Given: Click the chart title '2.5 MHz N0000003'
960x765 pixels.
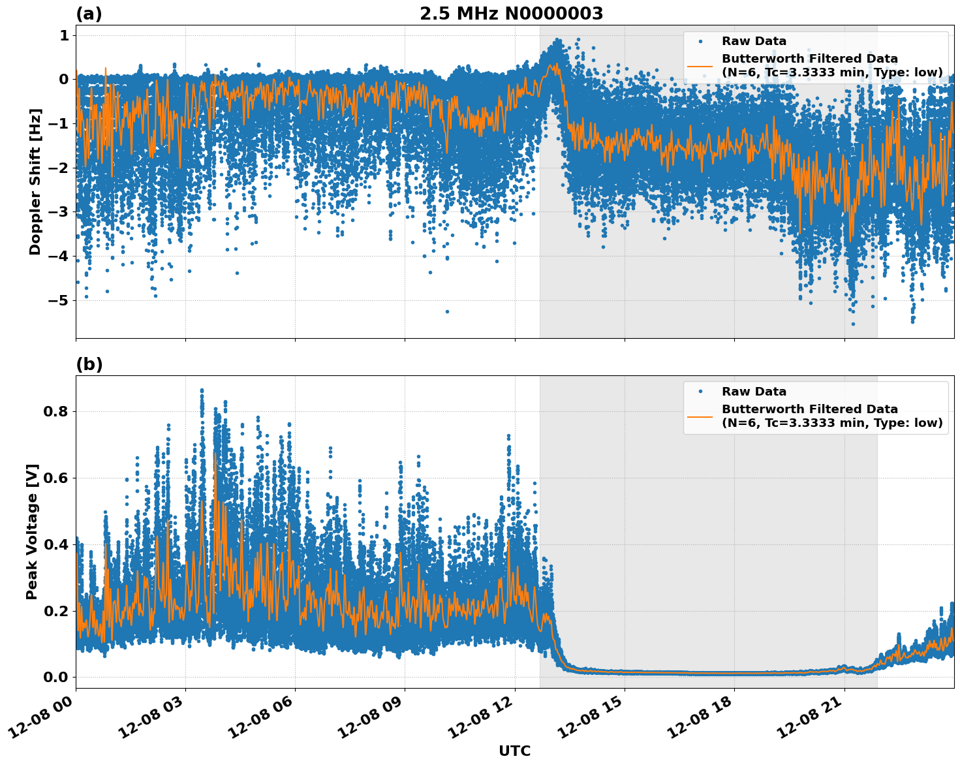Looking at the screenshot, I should pos(511,14).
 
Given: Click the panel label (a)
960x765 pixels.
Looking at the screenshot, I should pos(89,14).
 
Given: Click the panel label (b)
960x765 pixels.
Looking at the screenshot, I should pos(89,364).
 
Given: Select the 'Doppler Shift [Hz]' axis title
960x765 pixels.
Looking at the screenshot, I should pos(35,181).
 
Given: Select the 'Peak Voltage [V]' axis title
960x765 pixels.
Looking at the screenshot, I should pos(32,531).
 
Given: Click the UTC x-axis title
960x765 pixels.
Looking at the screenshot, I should pos(514,751).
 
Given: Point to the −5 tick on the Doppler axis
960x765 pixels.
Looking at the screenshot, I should pos(59,300).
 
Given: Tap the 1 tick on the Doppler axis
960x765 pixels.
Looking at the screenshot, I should pos(64,35).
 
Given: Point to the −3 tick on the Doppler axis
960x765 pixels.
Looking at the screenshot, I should pos(59,212).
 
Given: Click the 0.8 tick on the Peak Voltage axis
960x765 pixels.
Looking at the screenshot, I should pos(56,411).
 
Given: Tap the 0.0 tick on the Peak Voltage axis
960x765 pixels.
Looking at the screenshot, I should pos(56,677).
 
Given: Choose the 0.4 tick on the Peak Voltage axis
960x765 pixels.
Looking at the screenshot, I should pos(56,544).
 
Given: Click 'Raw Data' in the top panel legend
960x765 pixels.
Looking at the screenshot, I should pos(754,41).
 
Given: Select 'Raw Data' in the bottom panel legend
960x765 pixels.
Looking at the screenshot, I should pos(754,392).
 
